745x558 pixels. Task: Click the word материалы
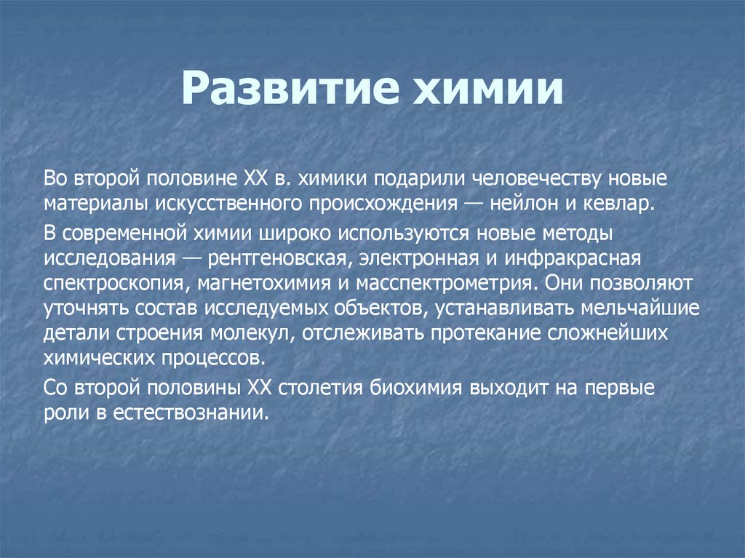click(95, 202)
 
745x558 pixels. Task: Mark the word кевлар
click(620, 202)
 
